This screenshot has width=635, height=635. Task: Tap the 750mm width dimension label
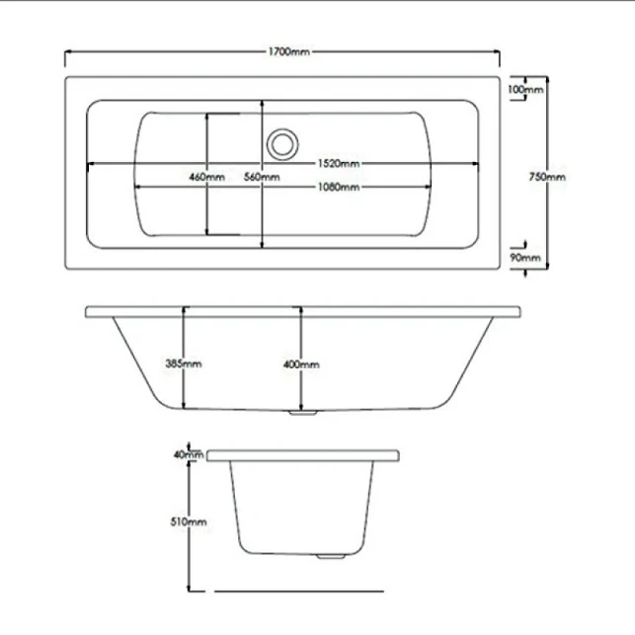click(x=548, y=177)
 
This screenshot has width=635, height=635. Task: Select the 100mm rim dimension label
click(x=523, y=90)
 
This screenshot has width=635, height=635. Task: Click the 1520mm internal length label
click(x=338, y=163)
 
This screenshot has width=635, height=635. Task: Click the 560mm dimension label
click(x=262, y=177)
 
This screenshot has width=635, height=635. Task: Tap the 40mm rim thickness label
click(x=182, y=454)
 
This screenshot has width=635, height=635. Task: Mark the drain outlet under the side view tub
click(x=301, y=414)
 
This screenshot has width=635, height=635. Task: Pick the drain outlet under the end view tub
click(x=325, y=556)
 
